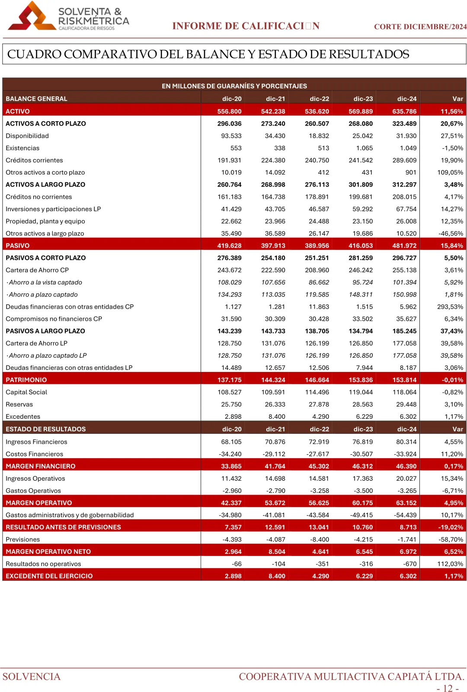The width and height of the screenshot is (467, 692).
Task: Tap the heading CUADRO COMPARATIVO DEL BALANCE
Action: click(208, 54)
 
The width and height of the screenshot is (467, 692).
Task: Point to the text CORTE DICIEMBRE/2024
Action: click(420, 26)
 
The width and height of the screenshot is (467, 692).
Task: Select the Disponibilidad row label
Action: click(27, 136)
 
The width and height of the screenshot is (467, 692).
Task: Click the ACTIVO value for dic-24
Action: click(404, 111)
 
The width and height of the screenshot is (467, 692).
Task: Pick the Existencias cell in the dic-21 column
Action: click(279, 148)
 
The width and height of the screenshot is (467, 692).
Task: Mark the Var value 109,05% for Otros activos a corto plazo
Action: click(450, 172)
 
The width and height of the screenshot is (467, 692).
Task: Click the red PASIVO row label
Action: click(18, 246)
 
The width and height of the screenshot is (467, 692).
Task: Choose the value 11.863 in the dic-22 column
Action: click(319, 307)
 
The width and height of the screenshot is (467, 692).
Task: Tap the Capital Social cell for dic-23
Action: click(361, 392)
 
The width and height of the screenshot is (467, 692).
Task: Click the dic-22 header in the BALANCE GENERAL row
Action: click(319, 99)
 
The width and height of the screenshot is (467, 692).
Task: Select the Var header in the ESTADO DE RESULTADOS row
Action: click(457, 429)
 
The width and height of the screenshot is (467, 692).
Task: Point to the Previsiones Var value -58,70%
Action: click(451, 540)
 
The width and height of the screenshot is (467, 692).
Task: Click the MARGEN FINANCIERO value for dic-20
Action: click(231, 466)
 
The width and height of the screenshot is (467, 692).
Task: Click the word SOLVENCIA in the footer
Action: click(32, 676)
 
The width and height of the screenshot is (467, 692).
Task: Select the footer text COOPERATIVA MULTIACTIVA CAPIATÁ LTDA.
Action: click(352, 676)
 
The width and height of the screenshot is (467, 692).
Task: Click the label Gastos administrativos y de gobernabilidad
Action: click(70, 515)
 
